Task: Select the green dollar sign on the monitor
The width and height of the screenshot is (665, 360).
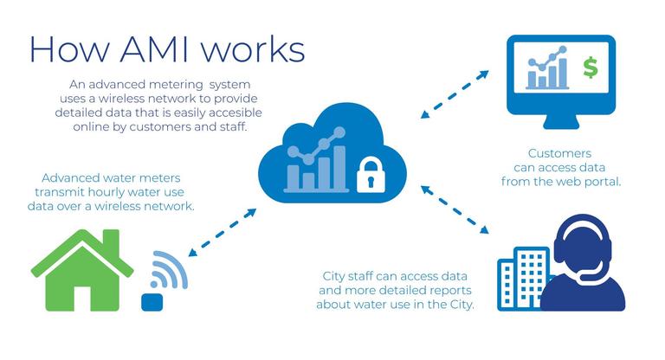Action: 591,68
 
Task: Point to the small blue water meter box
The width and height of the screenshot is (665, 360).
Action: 152,301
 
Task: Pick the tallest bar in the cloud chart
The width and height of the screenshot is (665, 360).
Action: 339,168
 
